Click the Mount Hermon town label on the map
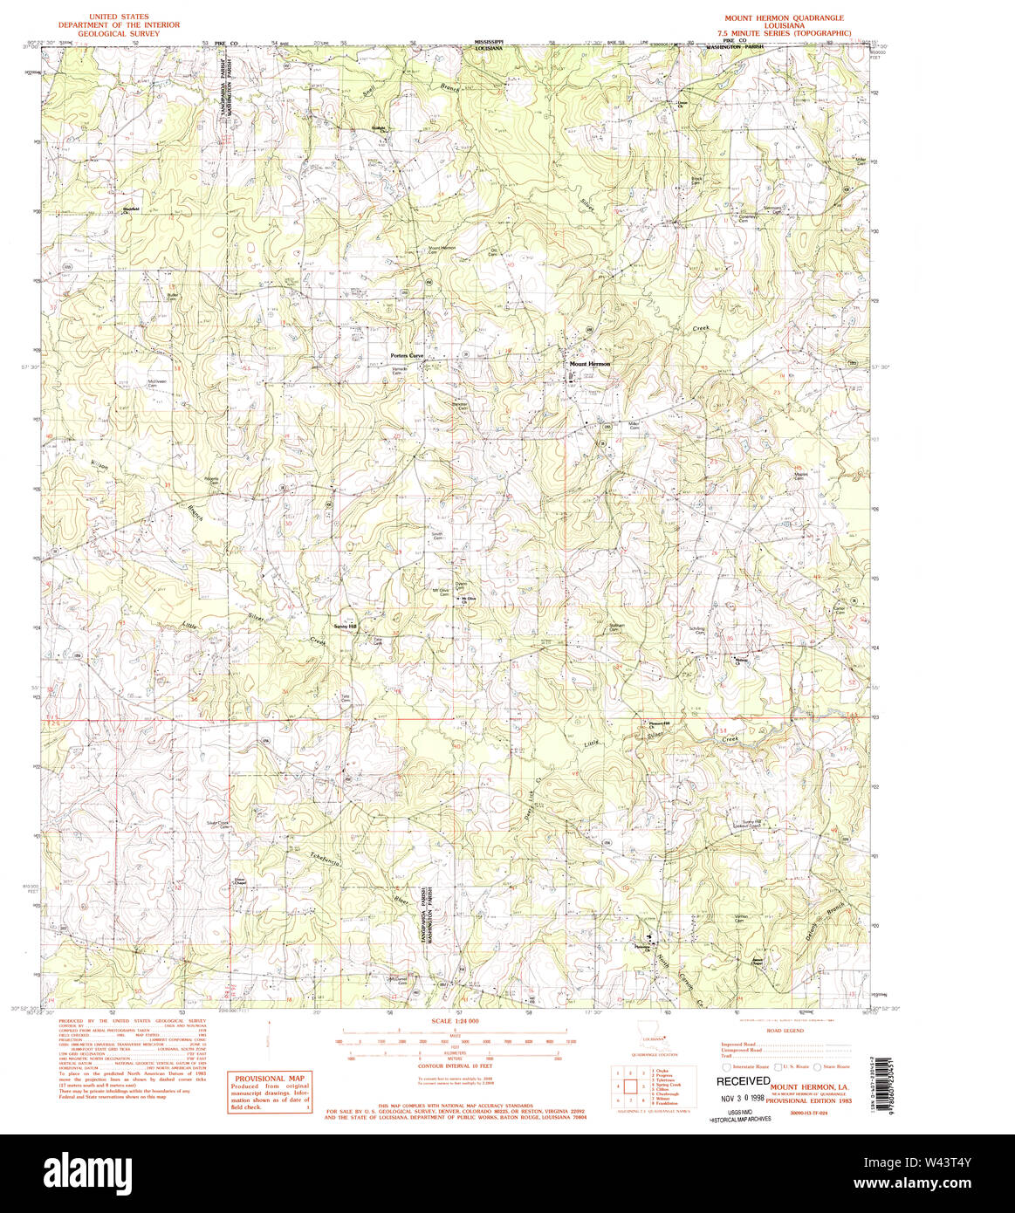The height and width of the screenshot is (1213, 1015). pos(590,364)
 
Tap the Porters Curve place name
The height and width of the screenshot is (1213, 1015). pos(407,356)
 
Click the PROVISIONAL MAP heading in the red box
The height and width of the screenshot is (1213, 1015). pos(269,1079)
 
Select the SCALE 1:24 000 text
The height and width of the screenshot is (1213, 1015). pos(456,1021)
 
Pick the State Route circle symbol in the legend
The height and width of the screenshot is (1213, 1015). pos(817,1067)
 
